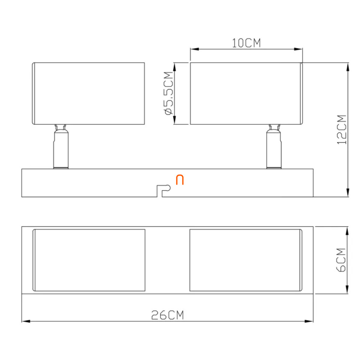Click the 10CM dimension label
(x=246, y=43)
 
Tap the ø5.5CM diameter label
(x=169, y=93)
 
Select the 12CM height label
(x=341, y=130)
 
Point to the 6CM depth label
(x=341, y=260)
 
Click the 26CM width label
(x=168, y=315)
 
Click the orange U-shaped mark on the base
(x=180, y=180)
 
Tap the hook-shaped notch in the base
(x=164, y=191)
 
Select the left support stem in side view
(x=61, y=146)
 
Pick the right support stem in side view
(x=274, y=146)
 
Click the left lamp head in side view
(x=88, y=93)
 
